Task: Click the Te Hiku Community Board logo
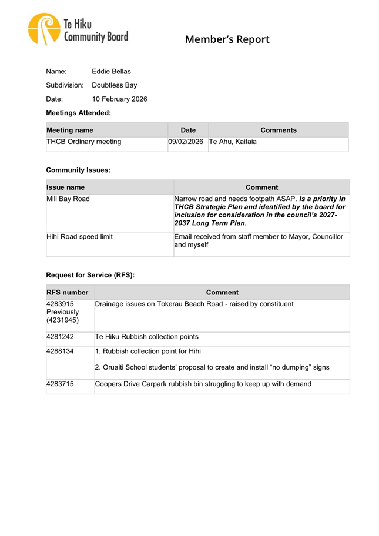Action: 78,30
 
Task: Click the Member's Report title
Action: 227,40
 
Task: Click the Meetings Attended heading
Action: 78,112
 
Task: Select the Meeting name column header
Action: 70,130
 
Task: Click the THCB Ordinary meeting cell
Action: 84,142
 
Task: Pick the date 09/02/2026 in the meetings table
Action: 186,142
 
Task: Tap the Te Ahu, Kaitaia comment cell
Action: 232,142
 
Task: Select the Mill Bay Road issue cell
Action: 68,199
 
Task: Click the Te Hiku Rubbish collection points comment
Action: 146,337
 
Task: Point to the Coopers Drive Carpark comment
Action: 203,384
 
